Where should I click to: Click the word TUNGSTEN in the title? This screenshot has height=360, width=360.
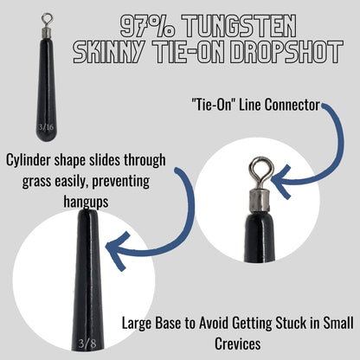tap(256, 23)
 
